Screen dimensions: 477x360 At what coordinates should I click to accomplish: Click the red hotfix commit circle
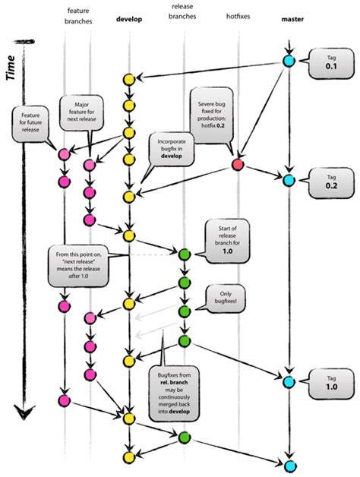tap(238, 165)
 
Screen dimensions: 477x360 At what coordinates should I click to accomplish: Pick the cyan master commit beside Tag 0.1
tap(289, 62)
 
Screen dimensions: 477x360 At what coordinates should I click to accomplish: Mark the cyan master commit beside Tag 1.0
tap(289, 381)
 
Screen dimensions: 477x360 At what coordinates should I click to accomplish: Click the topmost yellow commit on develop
tap(129, 78)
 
